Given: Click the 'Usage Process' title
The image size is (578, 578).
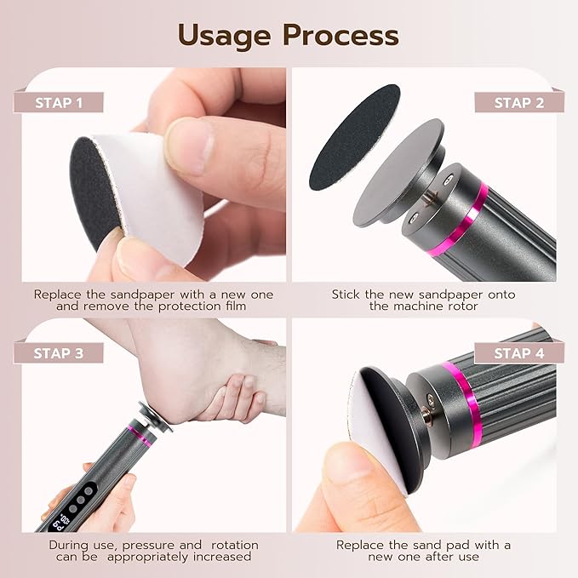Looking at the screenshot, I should point(289,35).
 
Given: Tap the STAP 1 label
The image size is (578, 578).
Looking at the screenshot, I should point(60,103).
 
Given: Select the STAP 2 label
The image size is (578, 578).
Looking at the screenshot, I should point(518,103).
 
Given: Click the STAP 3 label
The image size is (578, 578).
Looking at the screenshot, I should point(60,352).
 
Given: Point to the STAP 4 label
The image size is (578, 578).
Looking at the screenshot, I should point(518,352).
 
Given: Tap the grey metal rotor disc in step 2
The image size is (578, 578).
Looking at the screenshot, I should point(393,175).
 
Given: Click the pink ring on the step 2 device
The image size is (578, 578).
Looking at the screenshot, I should point(478,222).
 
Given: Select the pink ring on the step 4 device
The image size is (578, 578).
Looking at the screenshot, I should point(461,394).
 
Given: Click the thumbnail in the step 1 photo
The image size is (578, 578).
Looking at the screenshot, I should point(190,136).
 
